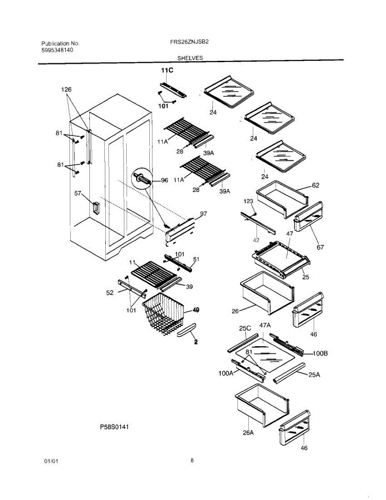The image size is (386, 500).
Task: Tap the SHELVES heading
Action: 190,58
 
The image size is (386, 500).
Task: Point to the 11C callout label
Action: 167,71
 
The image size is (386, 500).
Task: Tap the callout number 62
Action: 316,185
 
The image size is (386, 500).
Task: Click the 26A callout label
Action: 248,433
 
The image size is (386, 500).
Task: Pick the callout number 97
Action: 204,214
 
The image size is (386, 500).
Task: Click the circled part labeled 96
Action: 141,179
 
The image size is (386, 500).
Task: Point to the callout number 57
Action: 78,193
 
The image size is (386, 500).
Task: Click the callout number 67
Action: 320,247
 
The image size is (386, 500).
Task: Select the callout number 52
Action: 110,292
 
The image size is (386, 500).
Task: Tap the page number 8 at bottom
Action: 192,460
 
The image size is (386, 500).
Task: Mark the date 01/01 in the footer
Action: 50,462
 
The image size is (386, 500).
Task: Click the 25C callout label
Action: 245,329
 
